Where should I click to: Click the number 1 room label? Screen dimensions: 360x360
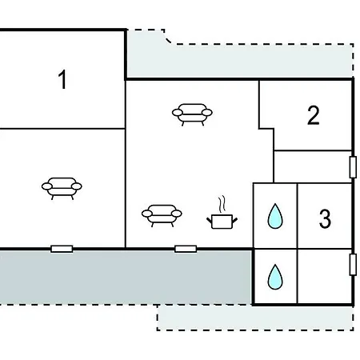coord(62,79)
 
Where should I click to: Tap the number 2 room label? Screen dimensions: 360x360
coord(314,115)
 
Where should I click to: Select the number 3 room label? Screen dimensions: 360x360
coord(325,218)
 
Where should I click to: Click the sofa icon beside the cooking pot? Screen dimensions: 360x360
coord(162,216)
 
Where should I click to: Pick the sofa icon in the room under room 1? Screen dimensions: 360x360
coord(62,188)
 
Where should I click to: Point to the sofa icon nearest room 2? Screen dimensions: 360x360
coord(192,114)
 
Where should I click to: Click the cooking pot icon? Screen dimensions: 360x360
coord(222,222)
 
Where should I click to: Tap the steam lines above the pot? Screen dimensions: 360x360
coord(222,205)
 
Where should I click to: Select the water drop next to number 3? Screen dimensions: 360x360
coord(275,216)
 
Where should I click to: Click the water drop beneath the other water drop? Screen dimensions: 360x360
coord(275,277)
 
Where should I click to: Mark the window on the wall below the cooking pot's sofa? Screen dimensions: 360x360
coord(186,249)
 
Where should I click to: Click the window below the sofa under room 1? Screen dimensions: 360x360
coord(62,249)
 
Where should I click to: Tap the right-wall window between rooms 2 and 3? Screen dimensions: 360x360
coord(353,167)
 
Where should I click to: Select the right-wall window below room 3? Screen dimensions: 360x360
coord(353,265)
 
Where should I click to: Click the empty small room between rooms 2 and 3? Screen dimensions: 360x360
coord(313,167)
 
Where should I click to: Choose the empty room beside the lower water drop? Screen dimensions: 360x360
coord(325,276)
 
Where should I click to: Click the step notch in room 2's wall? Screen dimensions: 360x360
coord(266,129)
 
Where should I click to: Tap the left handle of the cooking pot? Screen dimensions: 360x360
coord(209,220)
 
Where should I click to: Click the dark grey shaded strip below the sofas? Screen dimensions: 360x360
coord(126,278)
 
